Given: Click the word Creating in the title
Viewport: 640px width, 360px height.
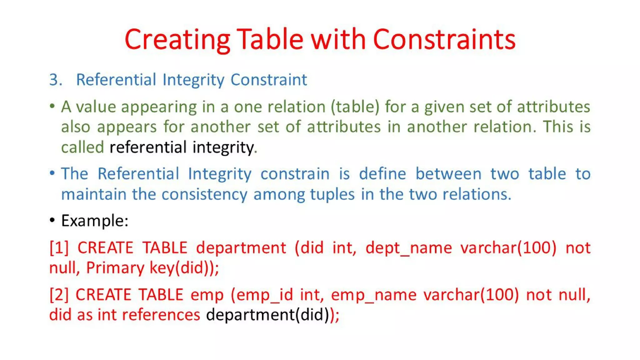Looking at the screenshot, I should point(177,40).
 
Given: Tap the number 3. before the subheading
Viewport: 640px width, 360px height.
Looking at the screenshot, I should point(56,80).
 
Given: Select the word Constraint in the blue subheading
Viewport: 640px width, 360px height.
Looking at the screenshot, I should point(269,80).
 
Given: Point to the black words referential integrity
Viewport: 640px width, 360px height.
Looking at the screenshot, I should point(182,147).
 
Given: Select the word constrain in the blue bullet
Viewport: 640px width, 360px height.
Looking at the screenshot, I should point(295,174).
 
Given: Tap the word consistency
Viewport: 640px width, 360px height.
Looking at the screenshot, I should point(204,194).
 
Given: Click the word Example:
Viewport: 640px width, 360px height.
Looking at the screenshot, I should point(95,221).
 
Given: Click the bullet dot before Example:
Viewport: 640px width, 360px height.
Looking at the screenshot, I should point(52,220).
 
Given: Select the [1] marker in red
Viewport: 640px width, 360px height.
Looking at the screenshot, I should point(59,248).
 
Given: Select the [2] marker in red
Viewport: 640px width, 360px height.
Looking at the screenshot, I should point(59,295).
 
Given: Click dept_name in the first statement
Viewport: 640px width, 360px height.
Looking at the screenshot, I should point(408,248).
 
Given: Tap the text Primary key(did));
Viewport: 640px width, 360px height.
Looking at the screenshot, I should point(152,268).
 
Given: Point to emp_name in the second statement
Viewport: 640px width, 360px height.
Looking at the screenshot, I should point(374,295).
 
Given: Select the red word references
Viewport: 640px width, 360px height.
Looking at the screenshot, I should point(161,315).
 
